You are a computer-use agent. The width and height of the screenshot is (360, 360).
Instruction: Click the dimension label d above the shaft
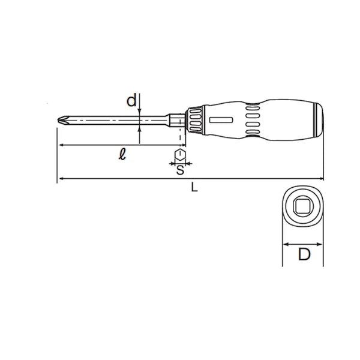(x=131, y=101)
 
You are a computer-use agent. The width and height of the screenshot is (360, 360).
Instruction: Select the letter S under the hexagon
(x=179, y=170)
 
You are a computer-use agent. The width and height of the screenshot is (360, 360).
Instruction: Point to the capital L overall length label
(x=193, y=187)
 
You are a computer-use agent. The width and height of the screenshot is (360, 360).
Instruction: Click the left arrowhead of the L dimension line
(x=60, y=178)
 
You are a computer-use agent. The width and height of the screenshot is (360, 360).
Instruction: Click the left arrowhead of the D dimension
(x=284, y=244)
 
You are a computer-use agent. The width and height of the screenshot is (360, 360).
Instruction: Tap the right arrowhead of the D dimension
(x=320, y=244)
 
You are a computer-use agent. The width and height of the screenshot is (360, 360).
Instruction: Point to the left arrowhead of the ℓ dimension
(x=60, y=145)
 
